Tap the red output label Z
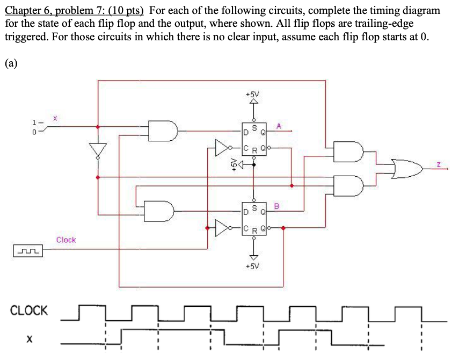pyautogui.click(x=439, y=167)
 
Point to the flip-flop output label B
pyautogui.click(x=277, y=205)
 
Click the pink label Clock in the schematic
pyautogui.click(x=66, y=240)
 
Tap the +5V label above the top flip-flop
pyautogui.click(x=252, y=94)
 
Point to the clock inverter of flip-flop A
pyautogui.click(x=223, y=147)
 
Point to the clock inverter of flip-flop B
pyautogui.click(x=223, y=228)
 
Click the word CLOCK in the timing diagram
pyautogui.click(x=29, y=311)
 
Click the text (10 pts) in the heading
pyautogui.click(x=123, y=10)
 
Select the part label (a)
pyautogui.click(x=11, y=63)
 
